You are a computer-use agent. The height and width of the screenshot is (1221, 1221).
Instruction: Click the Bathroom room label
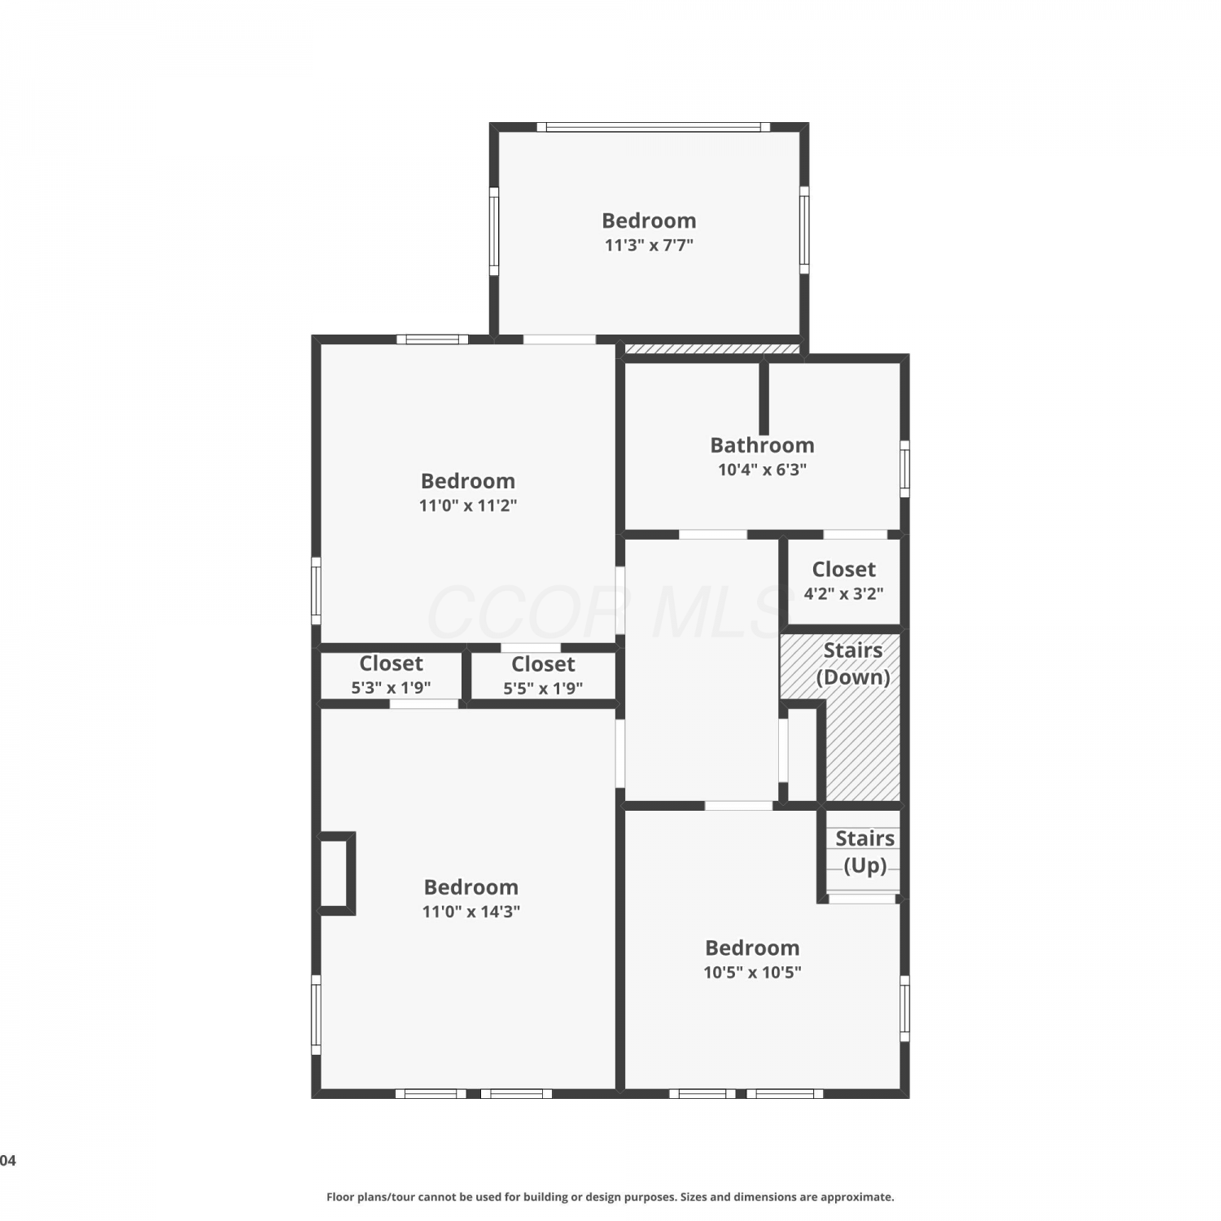pyautogui.click(x=762, y=445)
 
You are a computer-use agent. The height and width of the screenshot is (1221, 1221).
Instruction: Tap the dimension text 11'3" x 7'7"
pyautogui.click(x=649, y=245)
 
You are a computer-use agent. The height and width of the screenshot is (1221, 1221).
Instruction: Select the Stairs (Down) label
pyautogui.click(x=852, y=663)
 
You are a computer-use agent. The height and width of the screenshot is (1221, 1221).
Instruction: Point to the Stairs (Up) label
pyautogui.click(x=864, y=851)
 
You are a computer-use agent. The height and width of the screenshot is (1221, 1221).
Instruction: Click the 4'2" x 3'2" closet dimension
pyautogui.click(x=843, y=593)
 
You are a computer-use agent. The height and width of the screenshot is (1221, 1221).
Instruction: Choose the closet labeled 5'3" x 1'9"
pyautogui.click(x=391, y=675)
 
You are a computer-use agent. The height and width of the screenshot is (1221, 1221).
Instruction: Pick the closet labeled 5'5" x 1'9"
pyautogui.click(x=543, y=676)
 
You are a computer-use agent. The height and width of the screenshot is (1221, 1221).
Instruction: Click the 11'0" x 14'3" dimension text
pyautogui.click(x=470, y=912)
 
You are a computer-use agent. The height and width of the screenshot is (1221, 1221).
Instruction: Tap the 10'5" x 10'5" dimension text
pyautogui.click(x=752, y=972)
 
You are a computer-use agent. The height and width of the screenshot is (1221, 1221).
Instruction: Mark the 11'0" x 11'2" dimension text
pyautogui.click(x=468, y=505)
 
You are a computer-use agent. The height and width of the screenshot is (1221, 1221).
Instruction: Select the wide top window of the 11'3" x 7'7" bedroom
pyautogui.click(x=653, y=127)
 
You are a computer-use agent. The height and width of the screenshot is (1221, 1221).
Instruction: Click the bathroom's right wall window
pyautogui.click(x=904, y=469)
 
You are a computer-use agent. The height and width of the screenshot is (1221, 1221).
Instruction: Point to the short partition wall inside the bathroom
pyautogui.click(x=764, y=399)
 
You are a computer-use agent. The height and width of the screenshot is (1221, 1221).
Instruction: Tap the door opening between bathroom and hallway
pyautogui.click(x=713, y=535)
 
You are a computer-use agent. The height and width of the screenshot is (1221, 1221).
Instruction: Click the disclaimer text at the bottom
pyautogui.click(x=610, y=1197)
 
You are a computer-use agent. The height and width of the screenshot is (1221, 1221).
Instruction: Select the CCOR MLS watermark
pyautogui.click(x=606, y=612)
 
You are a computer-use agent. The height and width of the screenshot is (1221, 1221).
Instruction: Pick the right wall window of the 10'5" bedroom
pyautogui.click(x=904, y=1008)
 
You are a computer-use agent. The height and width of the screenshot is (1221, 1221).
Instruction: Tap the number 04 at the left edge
pyautogui.click(x=7, y=1161)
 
